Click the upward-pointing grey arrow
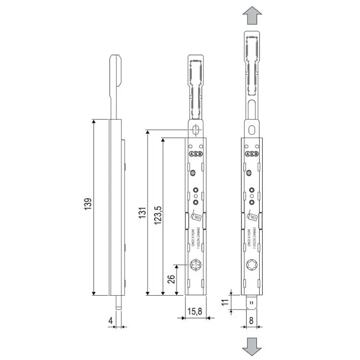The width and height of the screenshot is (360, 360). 252,17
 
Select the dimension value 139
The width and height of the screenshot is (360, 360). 87,207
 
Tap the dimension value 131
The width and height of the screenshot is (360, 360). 143,212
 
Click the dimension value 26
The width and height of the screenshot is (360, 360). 171,280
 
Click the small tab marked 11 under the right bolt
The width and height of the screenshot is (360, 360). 252,302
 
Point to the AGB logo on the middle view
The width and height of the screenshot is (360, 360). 196,154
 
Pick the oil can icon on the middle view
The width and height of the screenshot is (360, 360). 196,216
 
